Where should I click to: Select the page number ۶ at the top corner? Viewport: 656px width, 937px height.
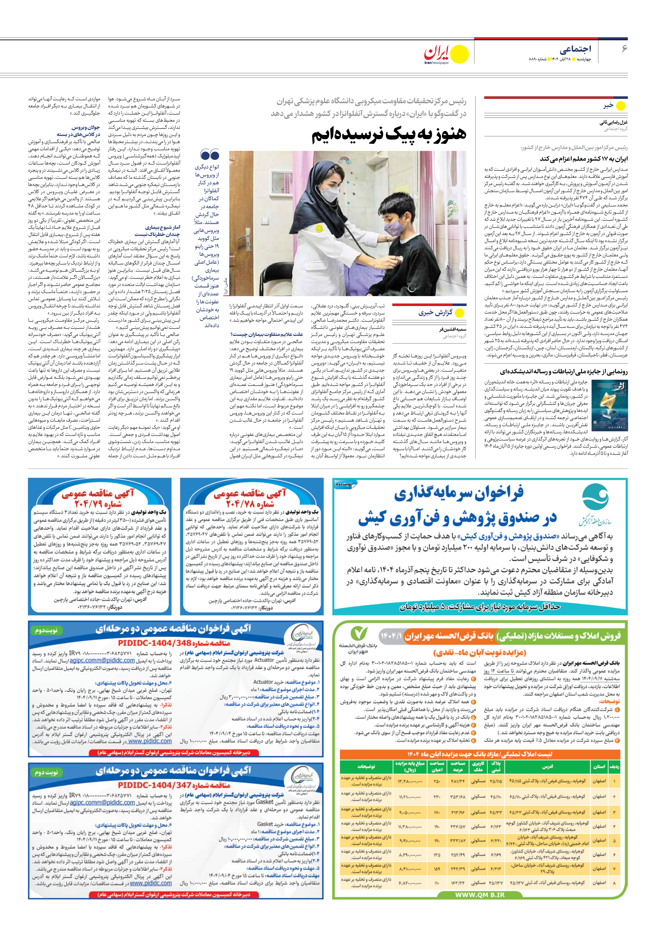(624, 49)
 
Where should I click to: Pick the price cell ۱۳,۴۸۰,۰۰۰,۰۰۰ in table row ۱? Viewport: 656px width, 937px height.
(409, 781)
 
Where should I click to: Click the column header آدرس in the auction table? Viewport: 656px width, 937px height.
(547, 767)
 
